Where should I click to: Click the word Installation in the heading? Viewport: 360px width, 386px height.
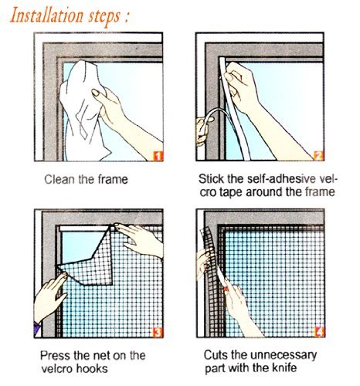tap(46, 15)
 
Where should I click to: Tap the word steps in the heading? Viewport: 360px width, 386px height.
tap(104, 17)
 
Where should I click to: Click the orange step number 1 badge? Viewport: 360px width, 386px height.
tap(158, 156)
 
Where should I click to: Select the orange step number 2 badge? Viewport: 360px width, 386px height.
tap(319, 156)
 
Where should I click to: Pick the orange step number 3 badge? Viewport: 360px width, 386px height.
tap(158, 332)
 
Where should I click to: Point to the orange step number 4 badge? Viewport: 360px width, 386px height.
tap(320, 332)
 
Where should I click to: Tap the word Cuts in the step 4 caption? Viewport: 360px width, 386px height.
tap(216, 355)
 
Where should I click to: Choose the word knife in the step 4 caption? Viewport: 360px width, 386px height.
tap(284, 367)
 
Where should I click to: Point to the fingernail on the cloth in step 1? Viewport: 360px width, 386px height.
tap(96, 93)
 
